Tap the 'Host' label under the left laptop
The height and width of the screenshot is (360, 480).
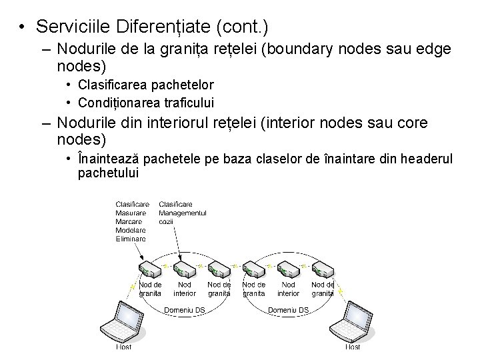coord(124,347)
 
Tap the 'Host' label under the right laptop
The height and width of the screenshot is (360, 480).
coord(353,347)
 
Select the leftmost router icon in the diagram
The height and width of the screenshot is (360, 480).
coord(149,270)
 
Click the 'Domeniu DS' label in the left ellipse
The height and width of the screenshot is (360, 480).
coord(185,309)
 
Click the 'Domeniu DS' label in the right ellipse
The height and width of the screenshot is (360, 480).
coord(288,309)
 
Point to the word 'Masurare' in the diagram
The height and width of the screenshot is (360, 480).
coord(131,213)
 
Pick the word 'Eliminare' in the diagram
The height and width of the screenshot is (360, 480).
coord(131,238)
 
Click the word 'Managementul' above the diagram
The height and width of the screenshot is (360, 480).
coord(183,213)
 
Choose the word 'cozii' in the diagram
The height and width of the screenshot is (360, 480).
coord(166,221)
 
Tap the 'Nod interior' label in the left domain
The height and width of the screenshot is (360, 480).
coord(185,289)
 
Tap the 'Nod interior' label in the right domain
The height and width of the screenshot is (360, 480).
coord(288,289)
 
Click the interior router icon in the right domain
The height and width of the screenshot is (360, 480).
coord(288,270)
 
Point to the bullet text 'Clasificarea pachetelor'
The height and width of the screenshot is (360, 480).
coord(146,85)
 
